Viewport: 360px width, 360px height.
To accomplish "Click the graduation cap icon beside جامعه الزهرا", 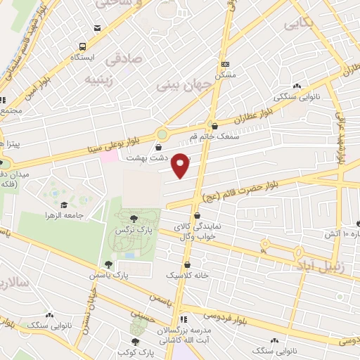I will (63, 205).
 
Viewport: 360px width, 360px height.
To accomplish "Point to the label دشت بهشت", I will (140, 158).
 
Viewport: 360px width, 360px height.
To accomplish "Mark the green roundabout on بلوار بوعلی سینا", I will (162, 133).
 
